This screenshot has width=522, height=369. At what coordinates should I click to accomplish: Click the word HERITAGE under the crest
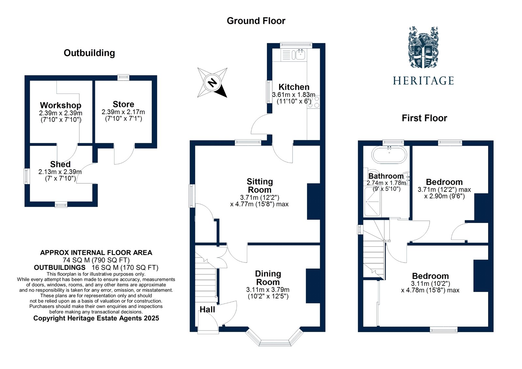coord(423,81)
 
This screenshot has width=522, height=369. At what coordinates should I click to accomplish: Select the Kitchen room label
coord(294,87)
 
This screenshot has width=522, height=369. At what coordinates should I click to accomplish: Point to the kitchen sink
coord(298,54)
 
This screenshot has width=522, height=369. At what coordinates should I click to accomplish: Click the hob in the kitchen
coord(314,101)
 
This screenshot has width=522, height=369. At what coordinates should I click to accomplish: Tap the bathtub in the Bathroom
coord(389,155)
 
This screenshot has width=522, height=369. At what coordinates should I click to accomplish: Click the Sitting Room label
coord(260,186)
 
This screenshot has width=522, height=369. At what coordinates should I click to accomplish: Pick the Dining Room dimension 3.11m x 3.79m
coord(268,290)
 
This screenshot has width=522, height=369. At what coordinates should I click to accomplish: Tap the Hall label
coord(207,309)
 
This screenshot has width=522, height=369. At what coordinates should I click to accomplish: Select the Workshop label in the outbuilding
coord(60,105)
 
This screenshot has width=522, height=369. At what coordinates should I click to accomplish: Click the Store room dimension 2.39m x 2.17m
coord(123,112)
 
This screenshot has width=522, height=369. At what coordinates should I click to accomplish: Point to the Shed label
coord(60,164)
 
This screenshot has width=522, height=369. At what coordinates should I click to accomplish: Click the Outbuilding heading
coord(89,53)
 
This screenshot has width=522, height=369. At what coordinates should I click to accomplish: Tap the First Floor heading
coord(424,118)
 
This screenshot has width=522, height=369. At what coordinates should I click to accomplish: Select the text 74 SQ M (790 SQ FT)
coord(96,260)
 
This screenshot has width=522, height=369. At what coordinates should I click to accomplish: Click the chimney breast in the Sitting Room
coord(313,201)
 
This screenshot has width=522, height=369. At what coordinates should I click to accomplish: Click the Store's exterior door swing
coord(124,155)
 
